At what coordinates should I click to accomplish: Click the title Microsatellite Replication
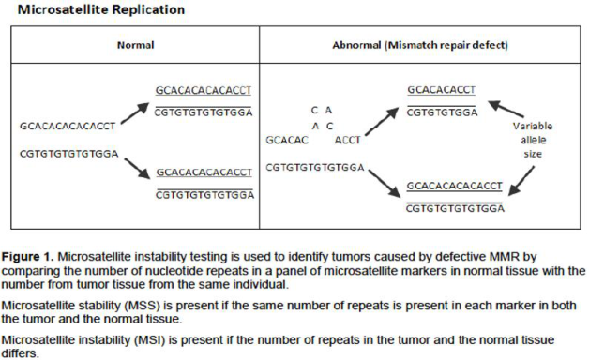click(x=101, y=9)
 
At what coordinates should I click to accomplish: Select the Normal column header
click(x=136, y=45)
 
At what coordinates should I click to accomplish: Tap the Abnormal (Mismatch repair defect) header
click(x=420, y=45)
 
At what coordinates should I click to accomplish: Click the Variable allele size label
click(x=533, y=140)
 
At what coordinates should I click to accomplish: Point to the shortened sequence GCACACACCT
click(x=442, y=90)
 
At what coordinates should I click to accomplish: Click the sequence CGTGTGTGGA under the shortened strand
click(x=442, y=112)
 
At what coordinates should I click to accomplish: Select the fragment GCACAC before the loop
click(x=287, y=140)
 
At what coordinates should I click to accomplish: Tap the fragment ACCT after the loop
click(x=347, y=140)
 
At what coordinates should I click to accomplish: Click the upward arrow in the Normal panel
click(x=135, y=113)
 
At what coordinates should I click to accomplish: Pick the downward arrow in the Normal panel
click(x=137, y=168)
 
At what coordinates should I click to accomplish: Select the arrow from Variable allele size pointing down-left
click(x=521, y=181)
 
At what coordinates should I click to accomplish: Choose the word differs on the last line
click(x=20, y=353)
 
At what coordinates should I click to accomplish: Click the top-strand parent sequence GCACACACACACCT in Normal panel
click(x=68, y=127)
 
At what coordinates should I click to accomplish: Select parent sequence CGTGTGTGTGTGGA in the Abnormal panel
click(x=315, y=168)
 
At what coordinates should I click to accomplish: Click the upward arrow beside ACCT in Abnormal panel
click(x=382, y=121)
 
